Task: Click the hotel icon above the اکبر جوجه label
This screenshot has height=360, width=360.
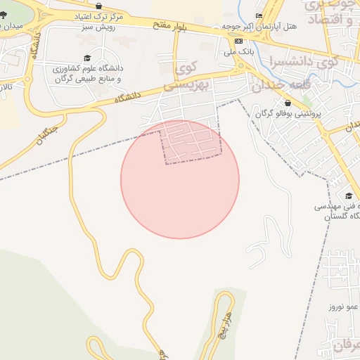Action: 259,15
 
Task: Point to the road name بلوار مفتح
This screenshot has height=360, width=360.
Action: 171,27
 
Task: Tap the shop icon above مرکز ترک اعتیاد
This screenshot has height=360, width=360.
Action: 99,6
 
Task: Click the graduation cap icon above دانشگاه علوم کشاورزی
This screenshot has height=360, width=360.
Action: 87,58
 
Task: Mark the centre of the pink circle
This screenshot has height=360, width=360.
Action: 180,179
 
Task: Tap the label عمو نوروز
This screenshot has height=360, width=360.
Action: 343,307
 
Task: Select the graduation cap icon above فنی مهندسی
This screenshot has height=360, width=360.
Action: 349,195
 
